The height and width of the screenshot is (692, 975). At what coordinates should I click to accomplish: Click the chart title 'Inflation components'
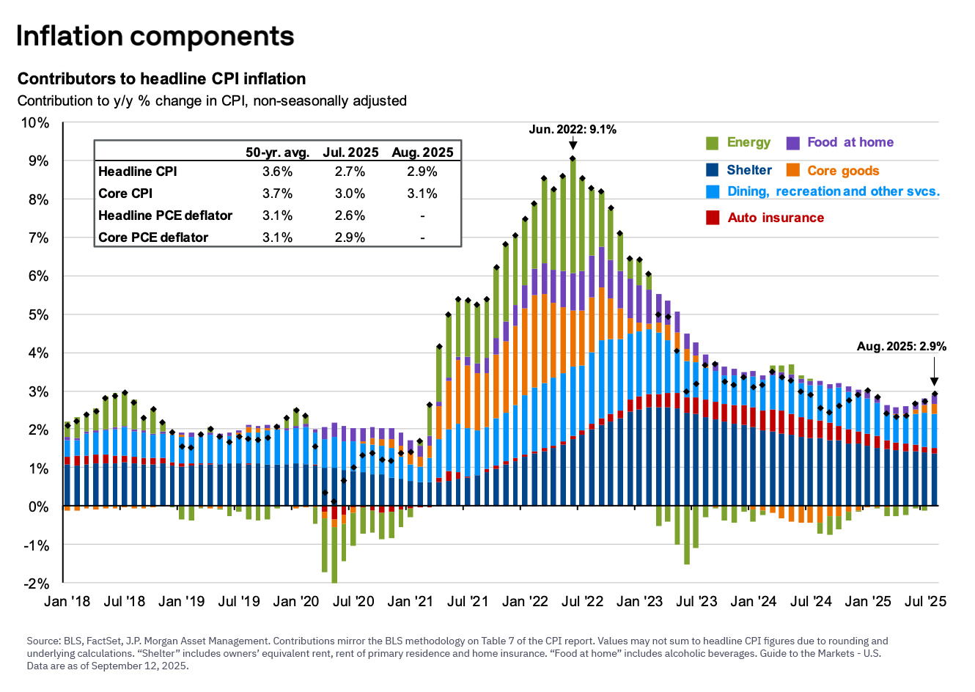point(155,36)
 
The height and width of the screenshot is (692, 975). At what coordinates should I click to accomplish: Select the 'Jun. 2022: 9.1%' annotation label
point(573,130)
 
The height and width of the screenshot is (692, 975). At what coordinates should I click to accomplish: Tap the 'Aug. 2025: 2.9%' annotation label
point(901,346)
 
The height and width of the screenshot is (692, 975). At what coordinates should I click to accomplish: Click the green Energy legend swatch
point(712,143)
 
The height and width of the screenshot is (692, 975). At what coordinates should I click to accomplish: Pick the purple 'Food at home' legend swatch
point(792,143)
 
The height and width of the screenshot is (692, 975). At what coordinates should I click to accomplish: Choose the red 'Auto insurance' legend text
point(776,218)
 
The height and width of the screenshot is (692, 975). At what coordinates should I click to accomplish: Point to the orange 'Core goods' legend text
point(843,171)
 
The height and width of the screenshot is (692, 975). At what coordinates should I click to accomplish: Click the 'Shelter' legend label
point(748,170)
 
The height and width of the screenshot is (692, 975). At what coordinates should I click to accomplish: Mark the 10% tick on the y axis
point(34,122)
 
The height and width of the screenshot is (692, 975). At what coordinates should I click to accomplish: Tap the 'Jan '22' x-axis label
point(525,602)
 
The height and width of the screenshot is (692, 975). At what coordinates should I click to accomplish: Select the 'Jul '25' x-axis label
point(925,602)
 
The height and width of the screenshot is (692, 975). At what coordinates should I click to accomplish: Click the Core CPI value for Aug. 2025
point(422,194)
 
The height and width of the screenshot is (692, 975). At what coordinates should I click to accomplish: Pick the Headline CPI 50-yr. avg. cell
point(277,172)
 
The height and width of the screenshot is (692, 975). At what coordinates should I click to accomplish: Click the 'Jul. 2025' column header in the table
point(350,152)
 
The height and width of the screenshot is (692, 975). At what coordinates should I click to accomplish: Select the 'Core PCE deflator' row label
point(153,238)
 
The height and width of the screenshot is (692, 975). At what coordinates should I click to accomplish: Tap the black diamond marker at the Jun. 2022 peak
point(573,158)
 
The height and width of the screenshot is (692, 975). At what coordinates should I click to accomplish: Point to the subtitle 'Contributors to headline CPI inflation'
point(161,78)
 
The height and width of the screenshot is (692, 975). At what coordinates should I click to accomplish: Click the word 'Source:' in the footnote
point(43,641)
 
